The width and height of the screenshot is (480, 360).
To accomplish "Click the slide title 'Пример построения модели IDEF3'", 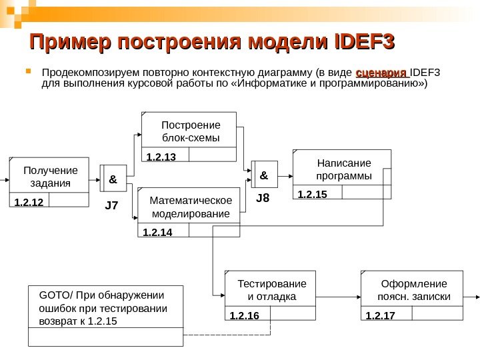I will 212,43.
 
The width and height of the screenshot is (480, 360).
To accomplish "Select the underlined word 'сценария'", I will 381,73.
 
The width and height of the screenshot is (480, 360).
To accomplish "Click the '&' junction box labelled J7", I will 112,179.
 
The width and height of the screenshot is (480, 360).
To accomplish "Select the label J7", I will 111,206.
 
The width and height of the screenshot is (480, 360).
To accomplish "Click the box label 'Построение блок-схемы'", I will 190,131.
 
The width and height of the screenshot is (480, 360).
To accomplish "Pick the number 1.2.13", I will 160,157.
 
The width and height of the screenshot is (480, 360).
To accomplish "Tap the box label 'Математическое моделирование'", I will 191,207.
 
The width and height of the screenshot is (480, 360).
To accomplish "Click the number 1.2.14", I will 157,232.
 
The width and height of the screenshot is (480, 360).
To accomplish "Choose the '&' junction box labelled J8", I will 263,175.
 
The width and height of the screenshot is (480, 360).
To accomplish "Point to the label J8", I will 263,199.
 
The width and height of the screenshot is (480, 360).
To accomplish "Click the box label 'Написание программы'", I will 344,169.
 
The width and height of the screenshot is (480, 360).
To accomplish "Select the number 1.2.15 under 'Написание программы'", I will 311,194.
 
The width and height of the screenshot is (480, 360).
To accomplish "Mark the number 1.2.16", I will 243,315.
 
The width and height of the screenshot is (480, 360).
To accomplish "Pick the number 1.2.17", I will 381,315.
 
